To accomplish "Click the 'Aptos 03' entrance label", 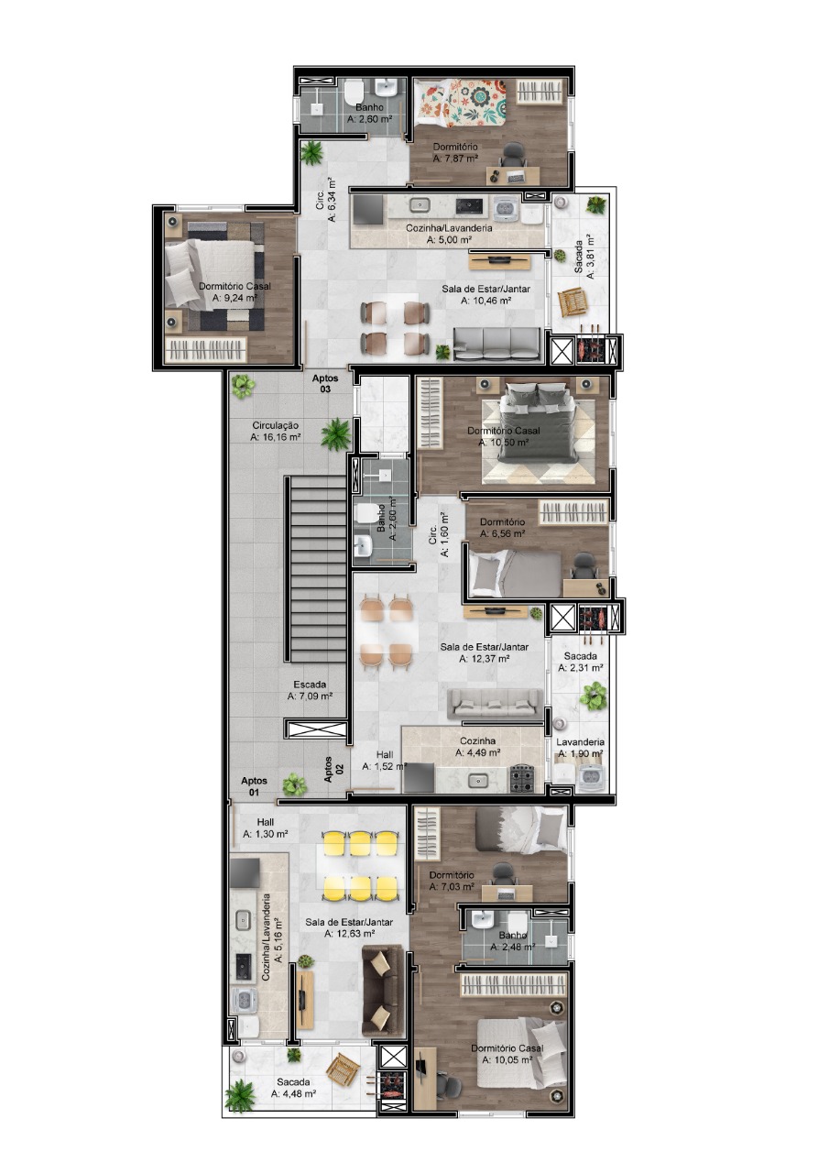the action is (325, 383).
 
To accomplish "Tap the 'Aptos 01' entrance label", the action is (254, 786).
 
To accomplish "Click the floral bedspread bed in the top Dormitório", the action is (460, 102).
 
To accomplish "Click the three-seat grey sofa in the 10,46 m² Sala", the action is (496, 344).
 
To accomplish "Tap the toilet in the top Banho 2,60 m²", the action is (354, 93).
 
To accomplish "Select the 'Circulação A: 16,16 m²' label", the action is (276, 432).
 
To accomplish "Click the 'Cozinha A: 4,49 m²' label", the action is (477, 747).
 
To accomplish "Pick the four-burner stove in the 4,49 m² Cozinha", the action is (522, 778).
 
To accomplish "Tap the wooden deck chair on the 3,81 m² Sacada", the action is (572, 302).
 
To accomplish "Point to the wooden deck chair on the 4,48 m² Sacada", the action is (343, 1069).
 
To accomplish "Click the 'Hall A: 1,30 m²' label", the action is (266, 828).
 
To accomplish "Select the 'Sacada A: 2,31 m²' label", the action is (581, 662).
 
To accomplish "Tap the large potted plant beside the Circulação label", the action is (335, 433).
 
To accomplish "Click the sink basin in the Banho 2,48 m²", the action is (479, 918).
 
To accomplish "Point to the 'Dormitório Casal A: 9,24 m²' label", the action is (235, 292).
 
